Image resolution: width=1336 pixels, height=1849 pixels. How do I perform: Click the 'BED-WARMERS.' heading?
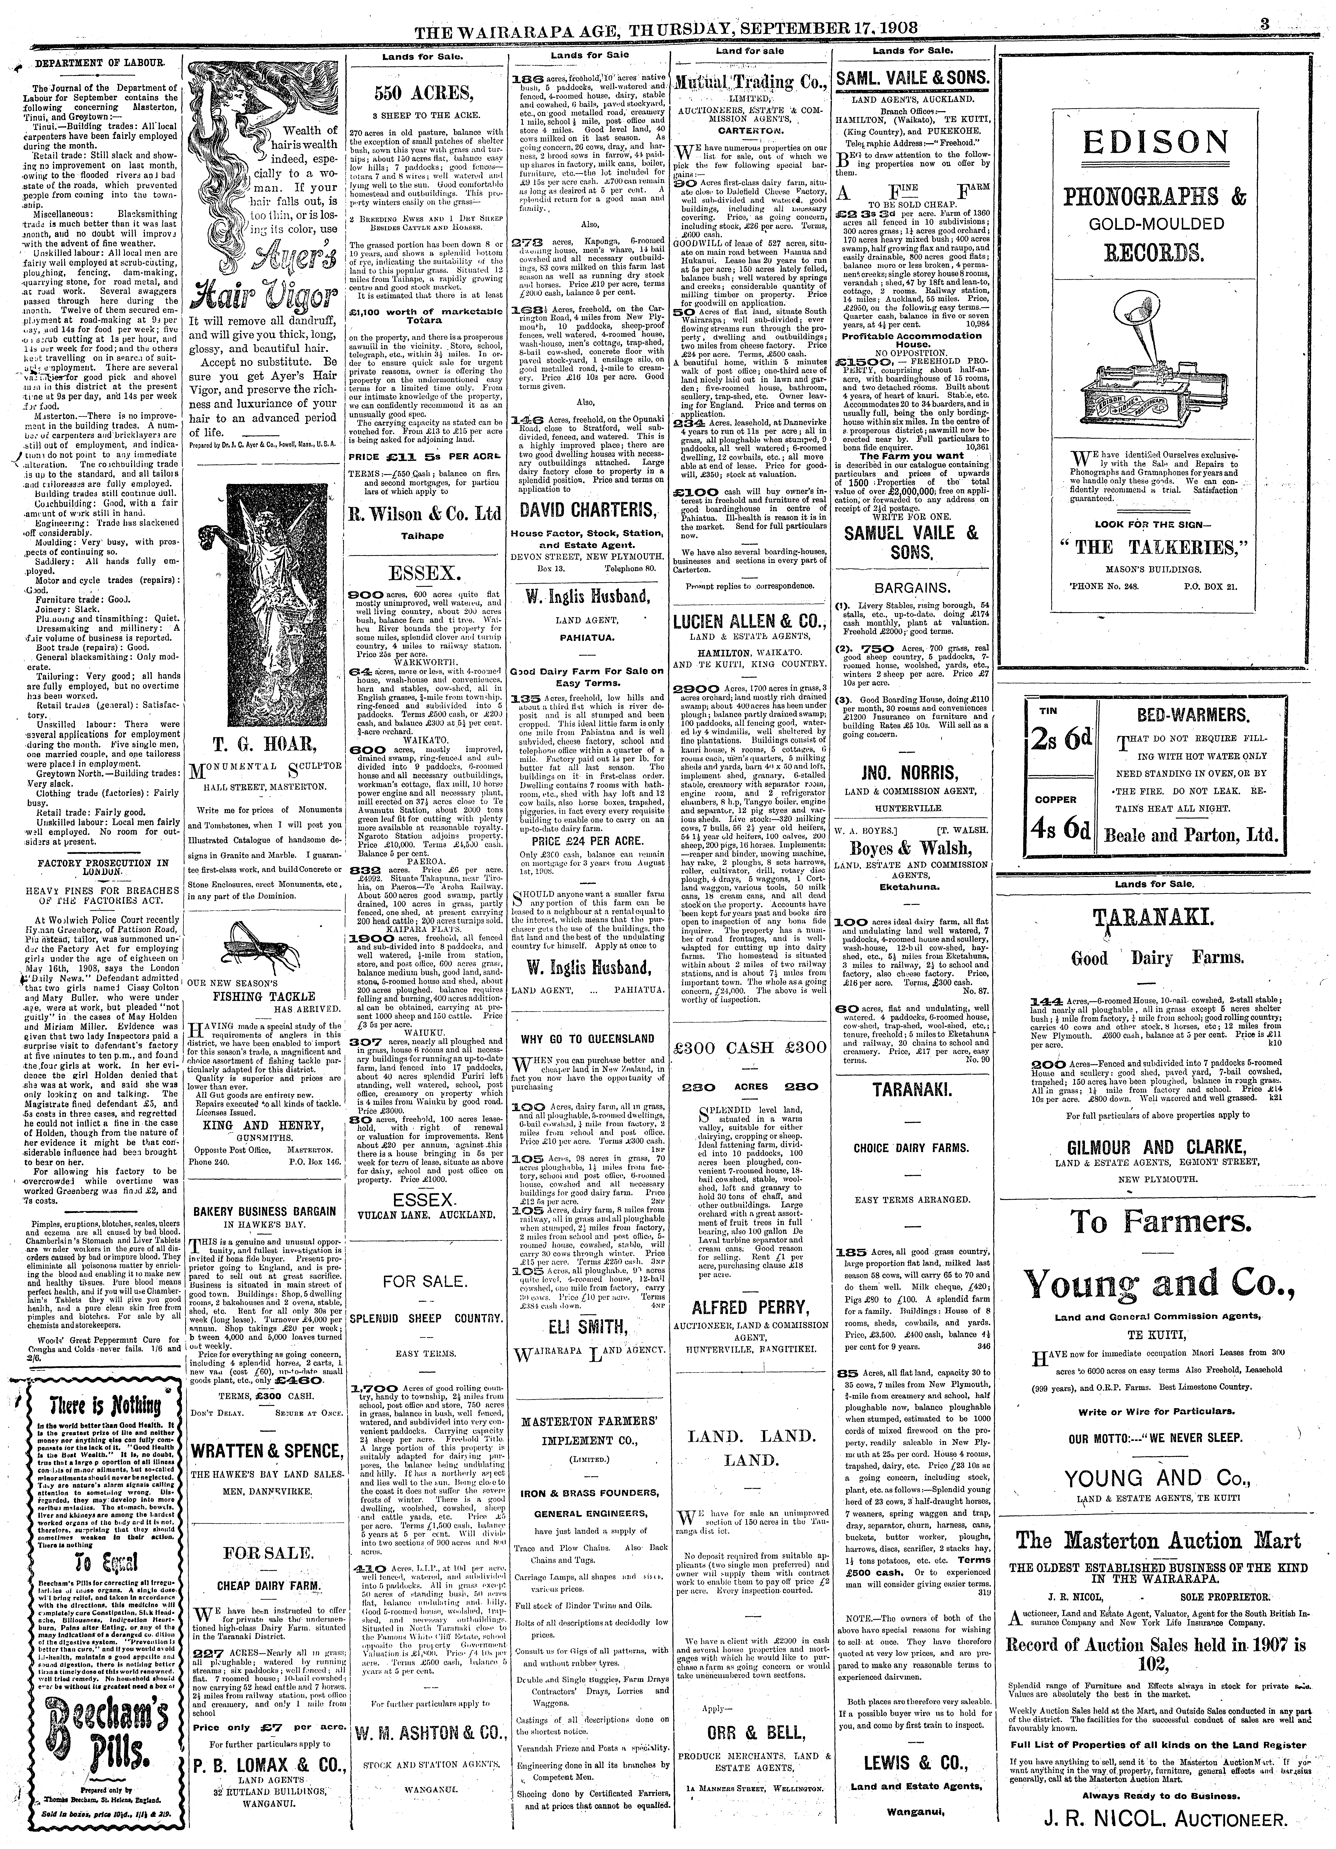point(1192,716)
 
